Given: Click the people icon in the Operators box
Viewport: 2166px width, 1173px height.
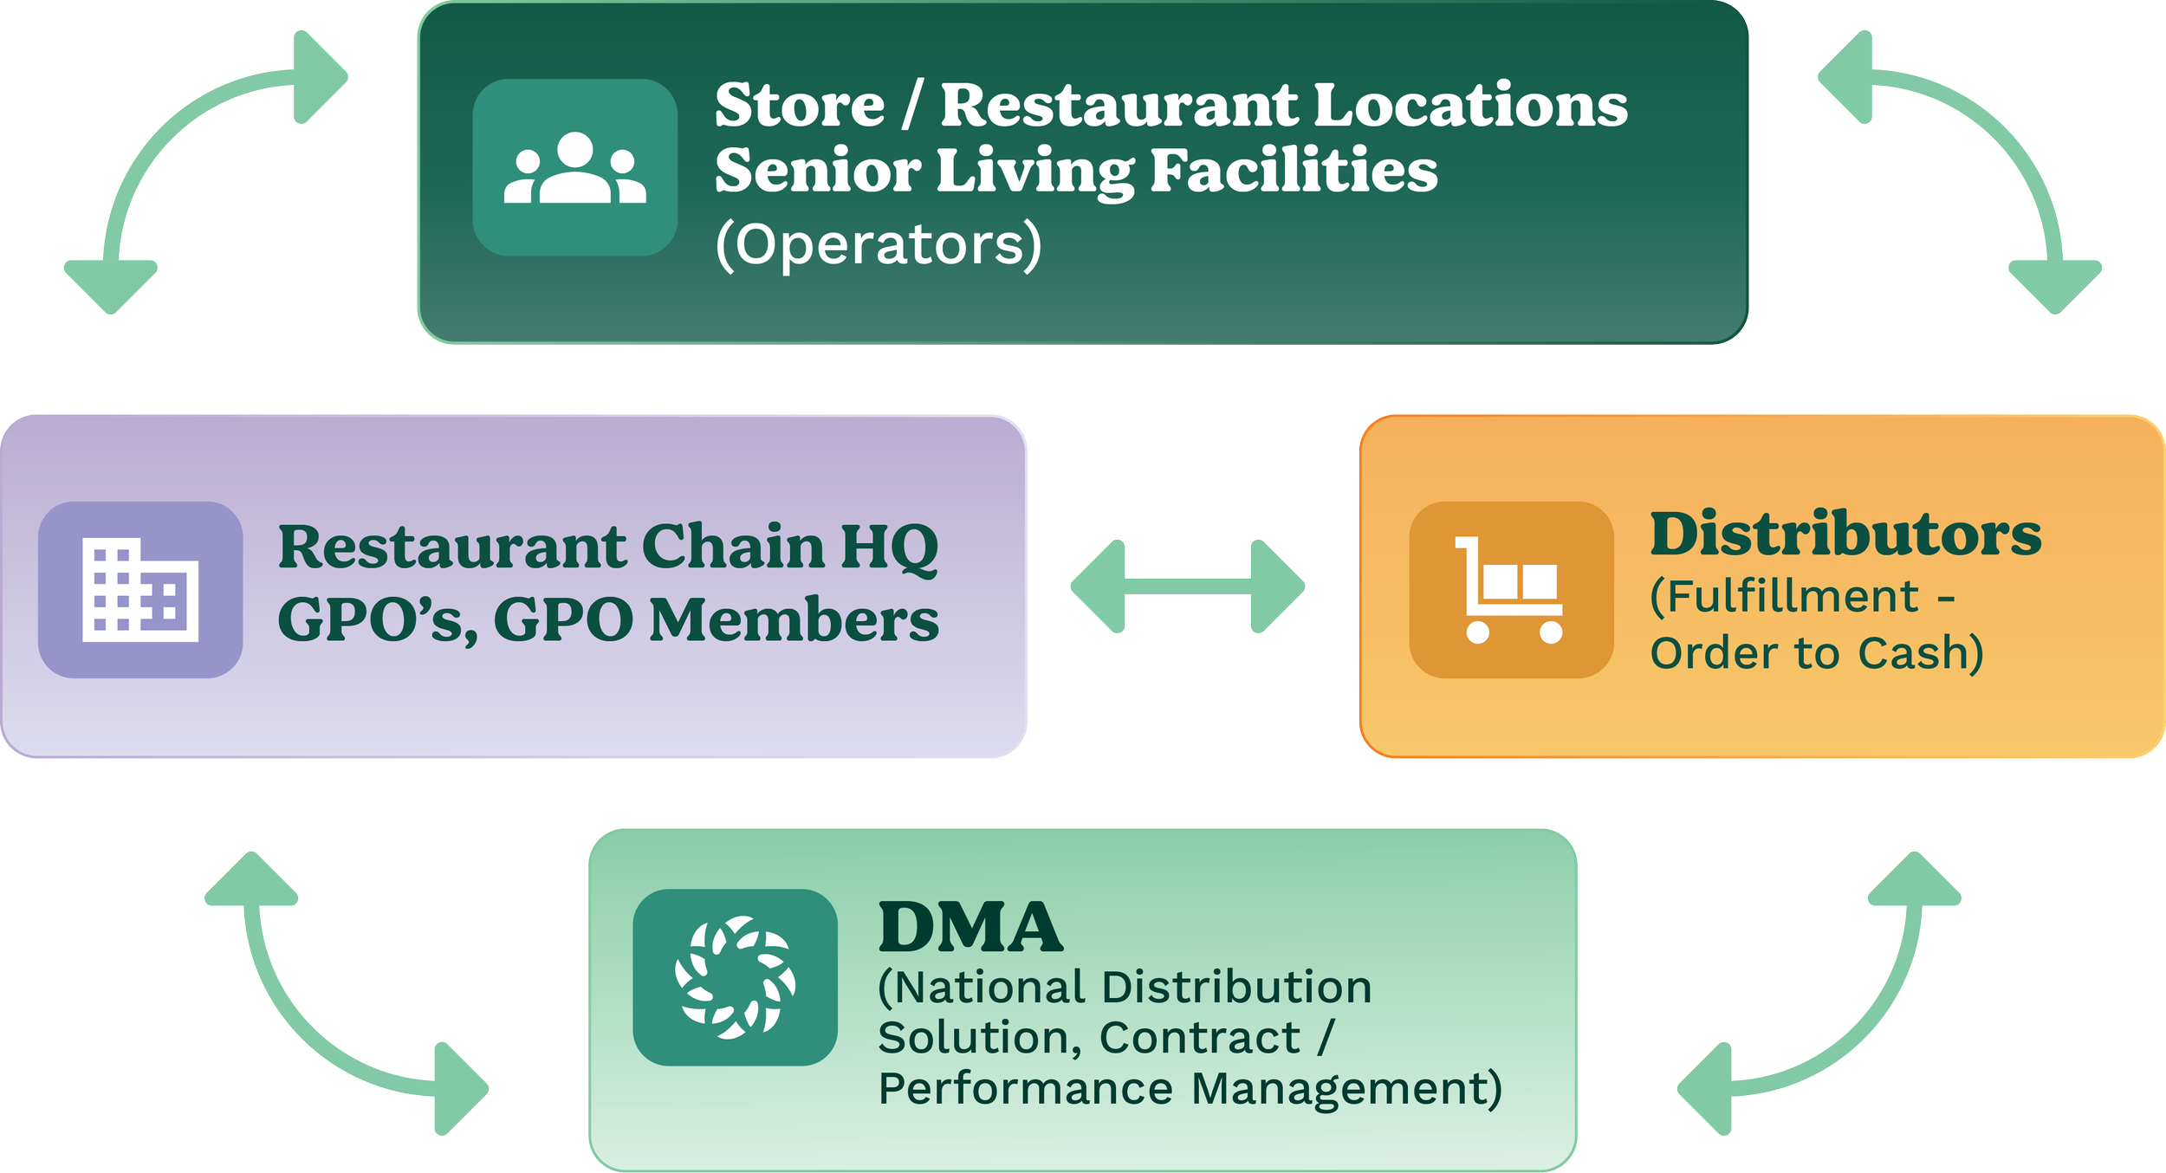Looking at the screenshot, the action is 574,167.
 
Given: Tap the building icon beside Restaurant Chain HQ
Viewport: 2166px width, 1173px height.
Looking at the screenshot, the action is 140,590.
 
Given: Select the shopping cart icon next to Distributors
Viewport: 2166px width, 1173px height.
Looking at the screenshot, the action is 1511,590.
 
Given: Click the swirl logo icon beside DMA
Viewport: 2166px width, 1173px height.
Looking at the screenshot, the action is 735,977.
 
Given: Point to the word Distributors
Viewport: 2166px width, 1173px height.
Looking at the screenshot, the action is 1845,535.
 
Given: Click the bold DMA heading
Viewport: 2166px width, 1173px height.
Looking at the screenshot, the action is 970,927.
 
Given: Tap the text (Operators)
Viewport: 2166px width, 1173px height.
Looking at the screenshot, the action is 878,245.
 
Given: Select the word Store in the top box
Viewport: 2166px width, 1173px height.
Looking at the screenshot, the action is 799,106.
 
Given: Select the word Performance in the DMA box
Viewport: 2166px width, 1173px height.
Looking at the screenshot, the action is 1026,1088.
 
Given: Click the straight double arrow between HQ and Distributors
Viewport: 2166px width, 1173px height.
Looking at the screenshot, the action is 1188,587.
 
